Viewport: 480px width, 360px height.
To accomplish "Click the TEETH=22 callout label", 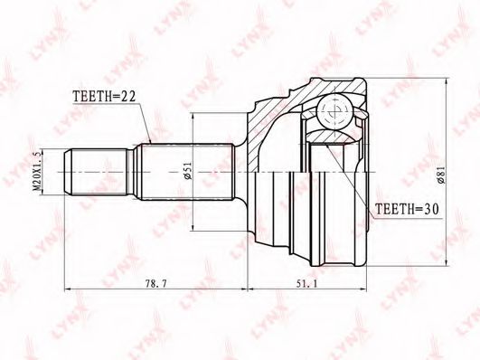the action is (x=104, y=97).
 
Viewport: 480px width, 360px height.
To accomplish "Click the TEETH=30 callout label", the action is (x=407, y=209).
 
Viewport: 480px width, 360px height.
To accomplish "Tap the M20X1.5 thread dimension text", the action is (x=37, y=172).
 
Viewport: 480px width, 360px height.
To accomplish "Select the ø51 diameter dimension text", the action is (x=188, y=171).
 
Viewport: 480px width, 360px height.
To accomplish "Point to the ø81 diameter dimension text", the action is (x=441, y=175).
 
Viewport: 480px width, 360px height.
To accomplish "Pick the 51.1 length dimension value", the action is (x=306, y=284).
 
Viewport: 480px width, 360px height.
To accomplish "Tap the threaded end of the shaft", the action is (x=97, y=172).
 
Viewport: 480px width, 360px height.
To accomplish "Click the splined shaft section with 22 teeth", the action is (x=186, y=172).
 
